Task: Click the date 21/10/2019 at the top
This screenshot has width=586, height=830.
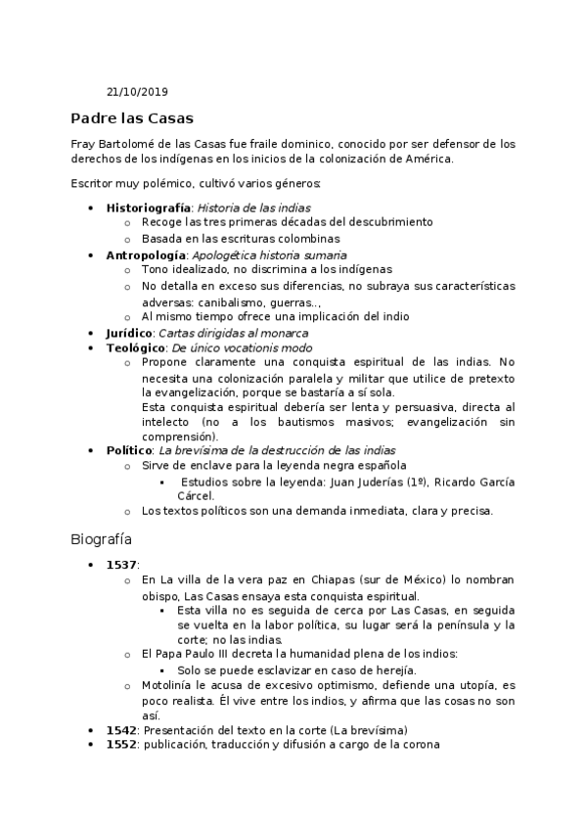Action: pos(137,92)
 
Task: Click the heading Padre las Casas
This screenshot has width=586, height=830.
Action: pos(132,118)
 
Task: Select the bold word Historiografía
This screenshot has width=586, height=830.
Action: pos(149,207)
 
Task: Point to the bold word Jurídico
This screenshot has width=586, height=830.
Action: pos(129,333)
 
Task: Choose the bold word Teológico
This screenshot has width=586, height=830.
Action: pos(135,347)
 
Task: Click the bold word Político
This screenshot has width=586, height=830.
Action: pos(128,449)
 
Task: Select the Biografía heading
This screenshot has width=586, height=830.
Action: pos(103,538)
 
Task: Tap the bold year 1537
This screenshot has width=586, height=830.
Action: pos(122,565)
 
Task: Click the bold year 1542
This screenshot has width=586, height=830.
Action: pos(122,730)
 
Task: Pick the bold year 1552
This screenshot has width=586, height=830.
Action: pos(122,745)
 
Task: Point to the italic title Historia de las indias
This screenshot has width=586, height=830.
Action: pos(254,207)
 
